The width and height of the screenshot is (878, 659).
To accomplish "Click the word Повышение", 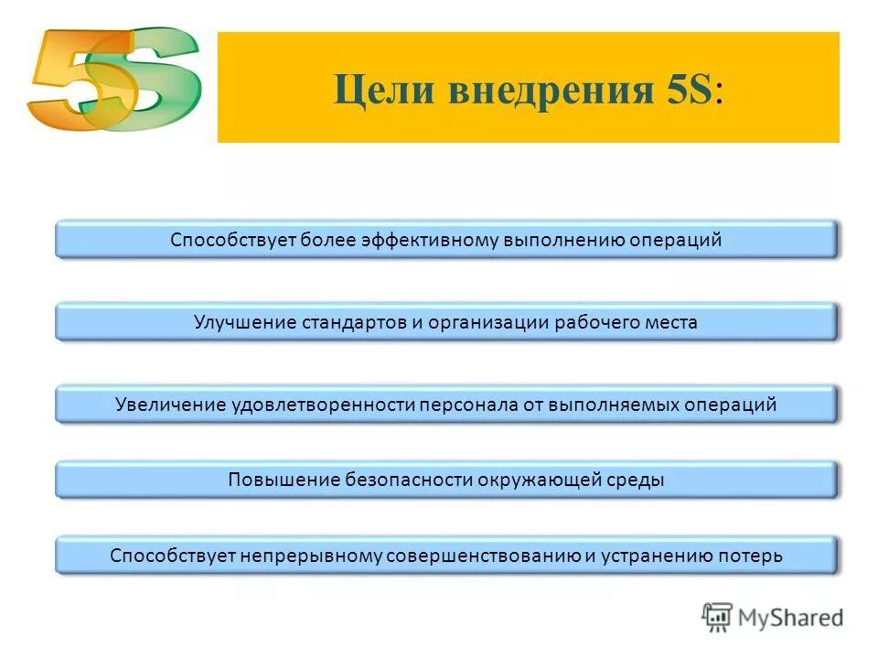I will (284, 480).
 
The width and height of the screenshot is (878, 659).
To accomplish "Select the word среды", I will (633, 480).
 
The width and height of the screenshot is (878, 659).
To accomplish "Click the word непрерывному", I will (310, 556).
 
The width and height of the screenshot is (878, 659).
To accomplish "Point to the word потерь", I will (751, 556).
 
